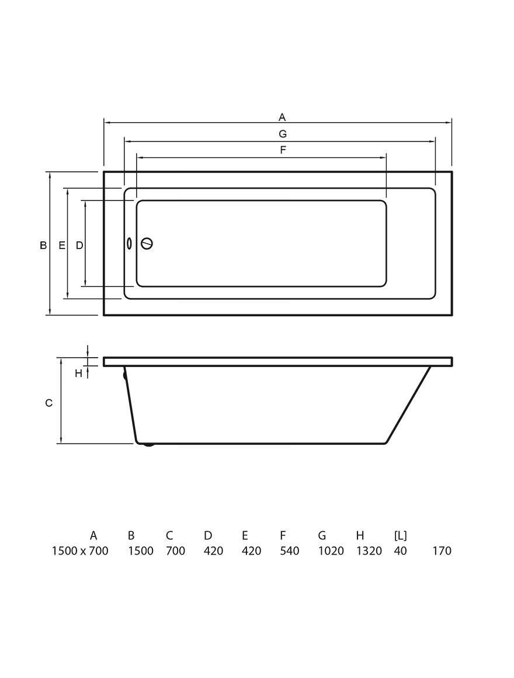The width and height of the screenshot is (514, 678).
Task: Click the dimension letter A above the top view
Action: (282, 117)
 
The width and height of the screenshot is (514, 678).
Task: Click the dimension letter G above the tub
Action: (283, 134)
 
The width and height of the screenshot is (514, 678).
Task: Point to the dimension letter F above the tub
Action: (283, 150)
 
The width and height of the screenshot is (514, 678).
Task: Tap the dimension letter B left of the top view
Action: (43, 245)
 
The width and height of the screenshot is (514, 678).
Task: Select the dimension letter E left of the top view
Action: (62, 245)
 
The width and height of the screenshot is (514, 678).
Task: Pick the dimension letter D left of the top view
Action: (79, 245)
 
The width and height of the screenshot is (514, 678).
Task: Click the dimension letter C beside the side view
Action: (49, 403)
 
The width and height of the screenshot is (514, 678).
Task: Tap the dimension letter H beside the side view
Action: (78, 373)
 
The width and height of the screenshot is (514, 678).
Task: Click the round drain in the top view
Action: (147, 244)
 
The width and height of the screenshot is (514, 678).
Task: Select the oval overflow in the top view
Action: (128, 244)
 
